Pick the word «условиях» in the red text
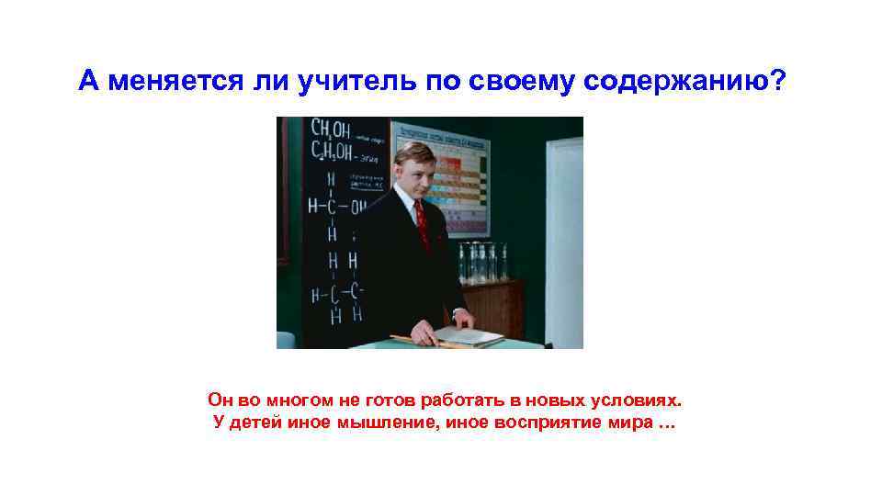point(637,400)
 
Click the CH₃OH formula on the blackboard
point(331,128)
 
